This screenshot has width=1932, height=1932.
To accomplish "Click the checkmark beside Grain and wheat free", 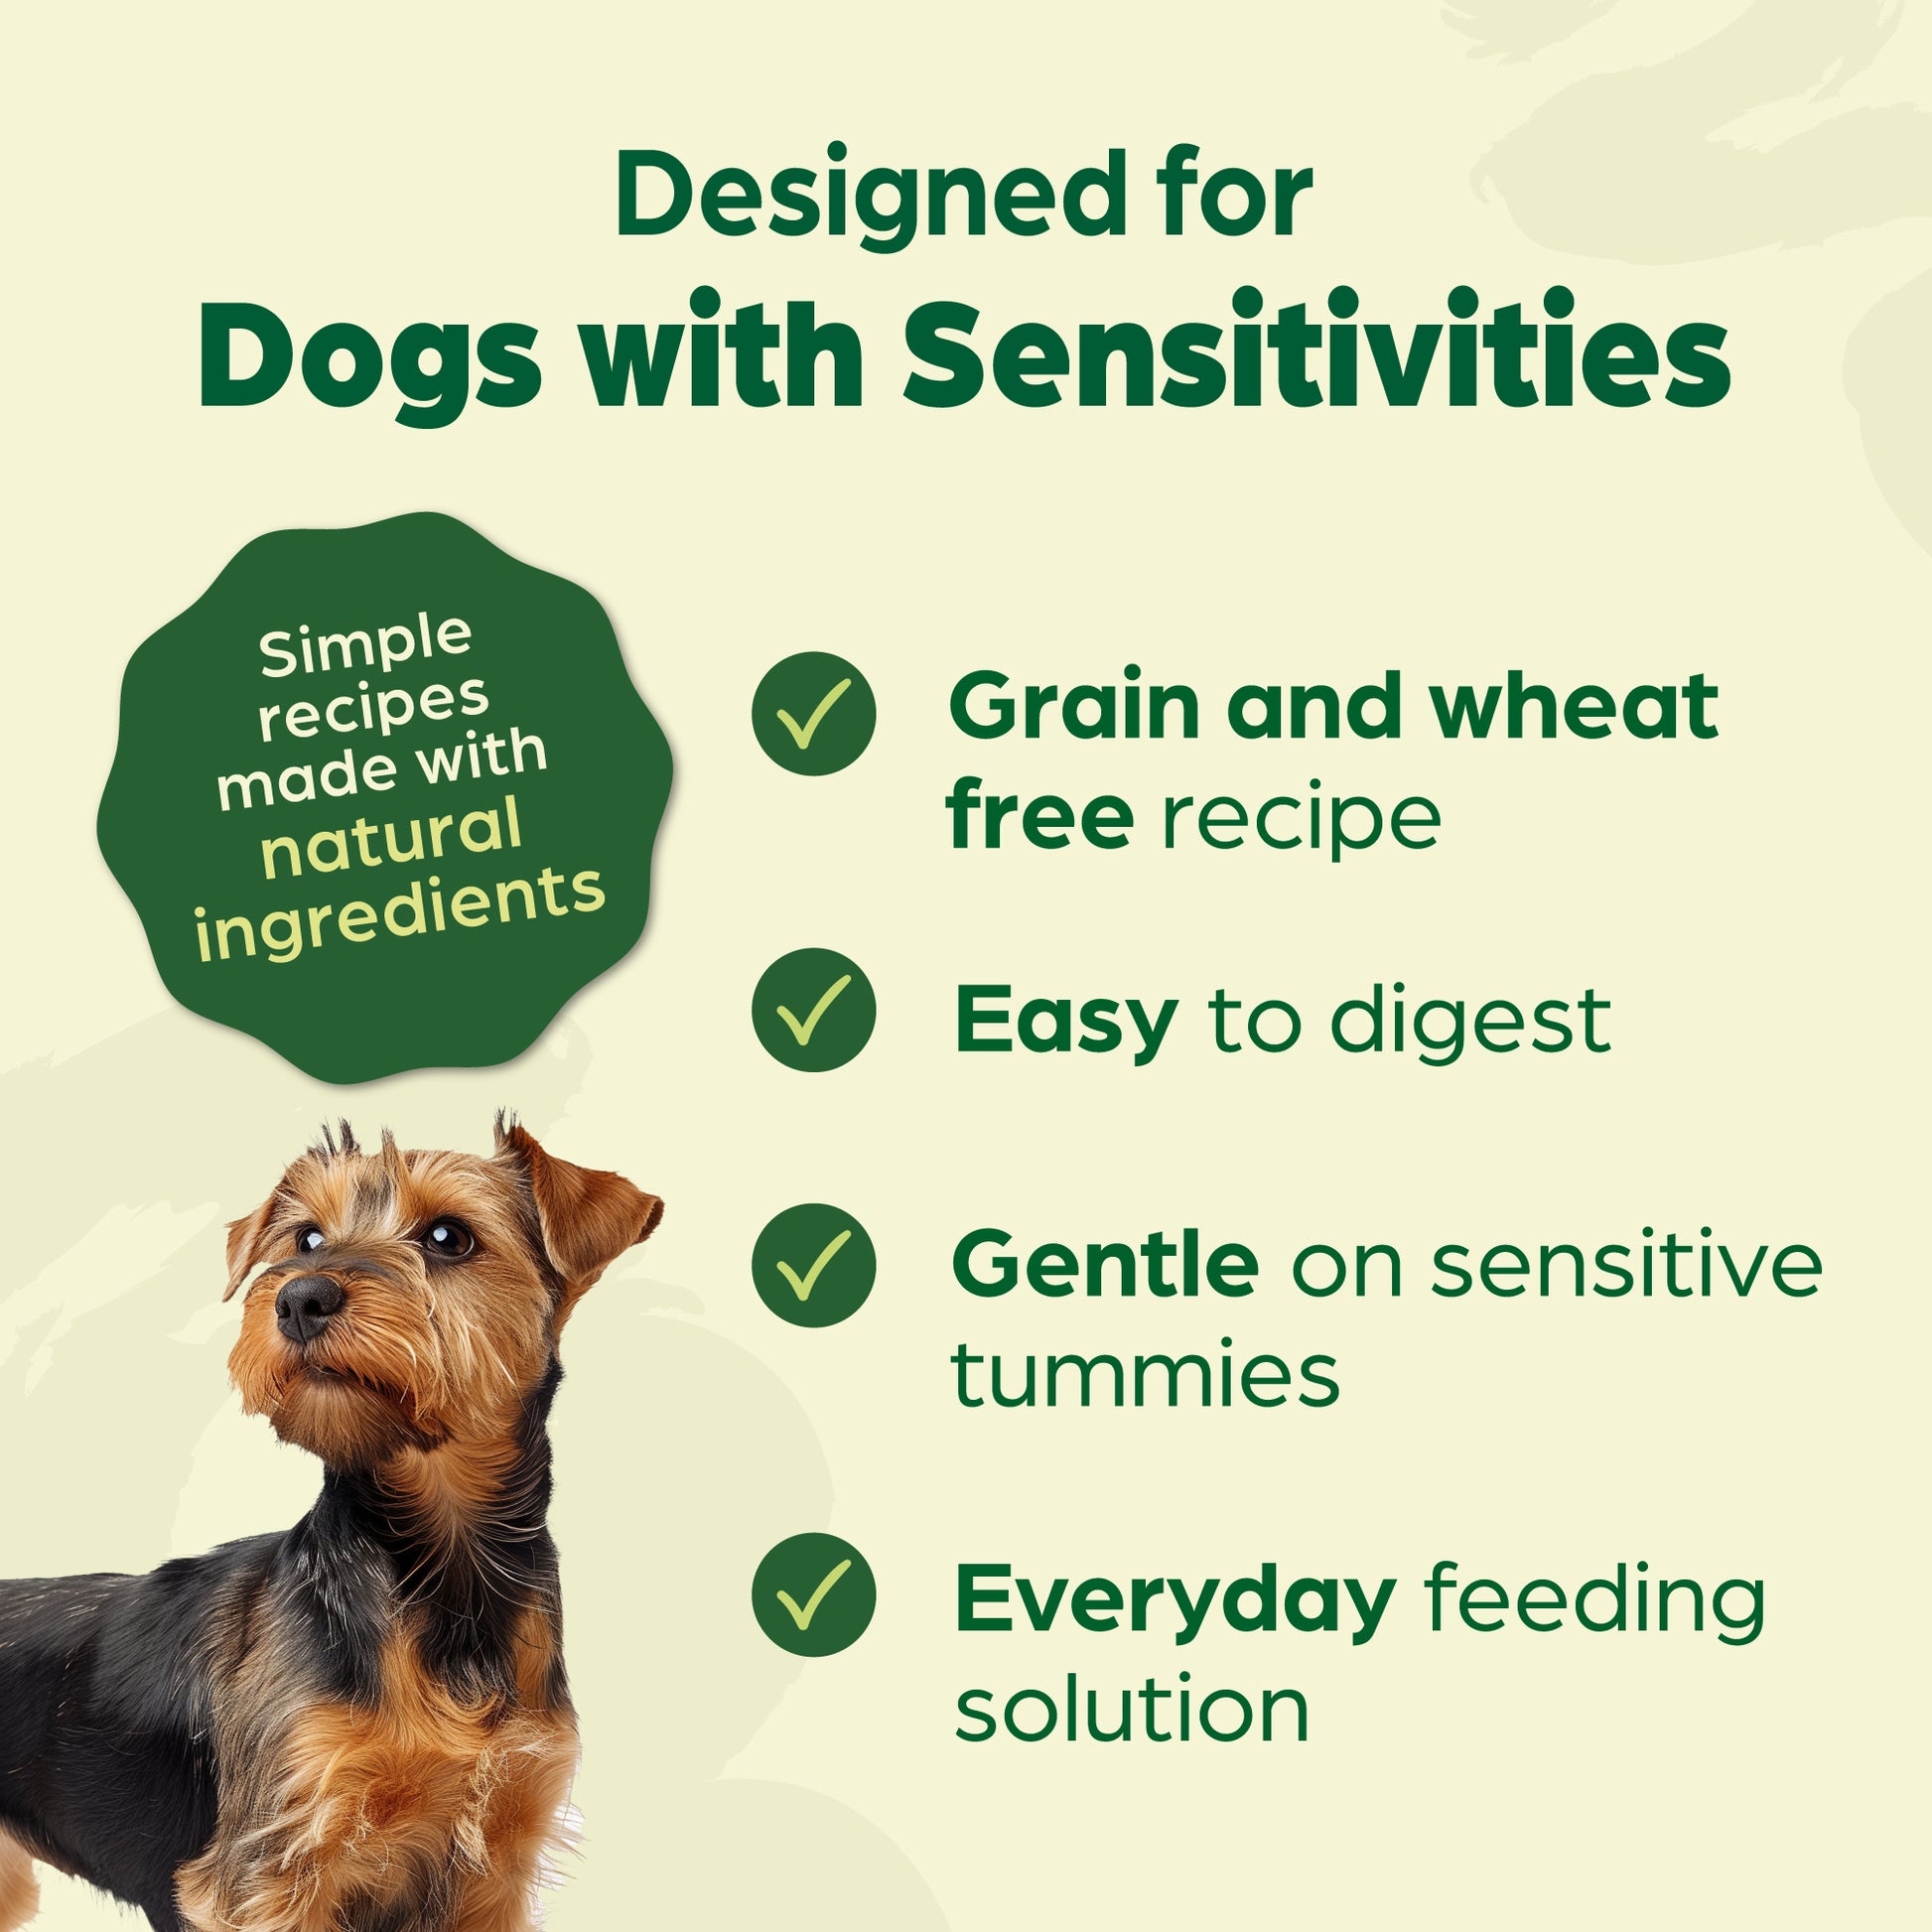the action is [814, 714].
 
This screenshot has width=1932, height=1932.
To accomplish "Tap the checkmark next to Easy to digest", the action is [814, 1010].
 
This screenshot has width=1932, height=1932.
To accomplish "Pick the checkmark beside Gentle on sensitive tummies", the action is [814, 1265].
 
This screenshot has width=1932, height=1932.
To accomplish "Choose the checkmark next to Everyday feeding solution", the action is [814, 1595].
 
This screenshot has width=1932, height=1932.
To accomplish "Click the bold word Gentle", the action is [1106, 1264].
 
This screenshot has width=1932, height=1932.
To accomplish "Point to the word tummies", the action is [1145, 1374].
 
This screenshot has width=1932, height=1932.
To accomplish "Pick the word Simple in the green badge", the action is [365, 645].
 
